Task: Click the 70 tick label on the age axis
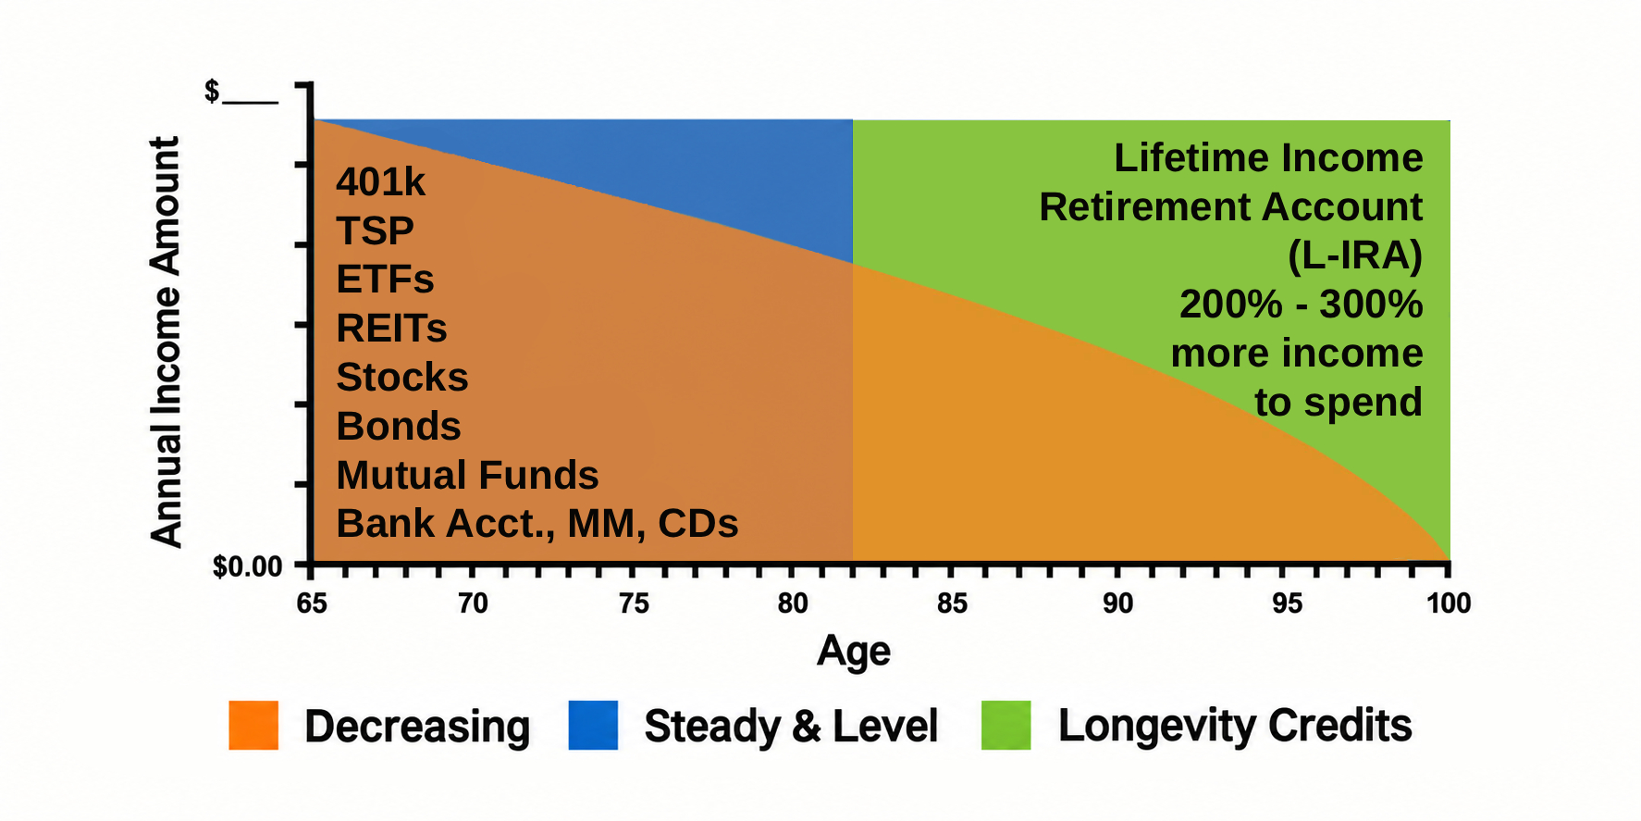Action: click(473, 603)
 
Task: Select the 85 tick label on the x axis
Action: click(952, 603)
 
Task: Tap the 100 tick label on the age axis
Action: click(1448, 603)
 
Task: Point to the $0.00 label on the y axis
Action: click(247, 566)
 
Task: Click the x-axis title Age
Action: click(853, 652)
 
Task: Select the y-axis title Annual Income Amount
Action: click(166, 342)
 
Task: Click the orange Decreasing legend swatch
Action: click(253, 725)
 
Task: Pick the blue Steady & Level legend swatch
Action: click(593, 725)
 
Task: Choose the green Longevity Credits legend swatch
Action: click(1006, 725)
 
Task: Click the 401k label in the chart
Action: click(380, 182)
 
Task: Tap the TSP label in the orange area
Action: click(375, 230)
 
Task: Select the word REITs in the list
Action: click(391, 329)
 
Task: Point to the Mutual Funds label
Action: click(467, 475)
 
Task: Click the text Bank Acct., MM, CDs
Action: click(537, 524)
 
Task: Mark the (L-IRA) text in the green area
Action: click(1355, 256)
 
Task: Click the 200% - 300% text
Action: click(1302, 305)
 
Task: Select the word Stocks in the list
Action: click(402, 378)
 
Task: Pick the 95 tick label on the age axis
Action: click(1287, 603)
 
